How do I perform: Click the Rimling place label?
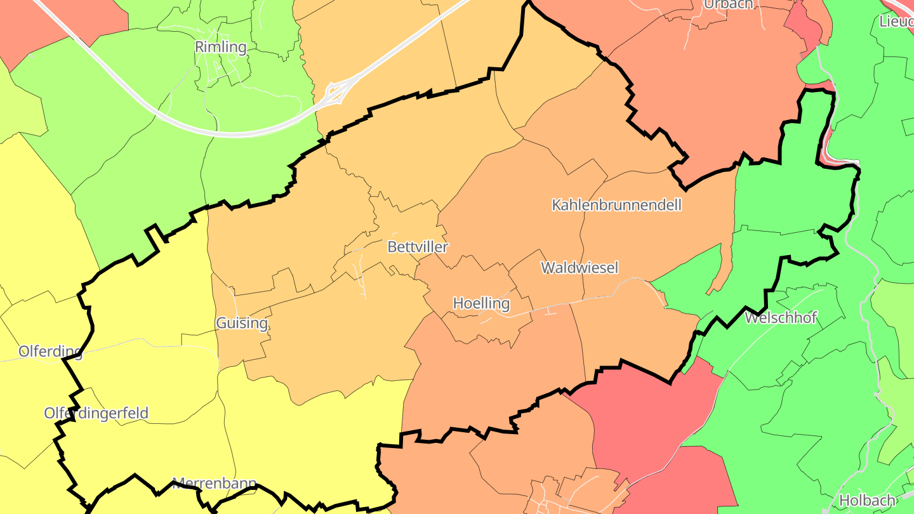point(220,47)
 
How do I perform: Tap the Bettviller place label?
point(418,247)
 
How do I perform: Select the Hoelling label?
point(481,303)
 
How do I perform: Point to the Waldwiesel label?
point(579,268)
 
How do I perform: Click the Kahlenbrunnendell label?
point(616,205)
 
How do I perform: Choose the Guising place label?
point(242,323)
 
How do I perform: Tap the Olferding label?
point(50,352)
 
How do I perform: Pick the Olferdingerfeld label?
point(96,413)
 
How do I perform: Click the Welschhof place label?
point(781,317)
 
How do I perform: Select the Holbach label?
point(866,501)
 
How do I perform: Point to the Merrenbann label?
point(214,483)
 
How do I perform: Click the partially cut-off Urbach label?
point(728,4)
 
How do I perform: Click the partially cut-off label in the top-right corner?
point(896,21)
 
